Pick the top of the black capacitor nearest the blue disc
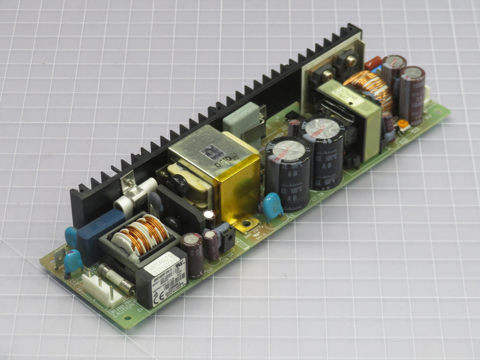pos(287,150)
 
